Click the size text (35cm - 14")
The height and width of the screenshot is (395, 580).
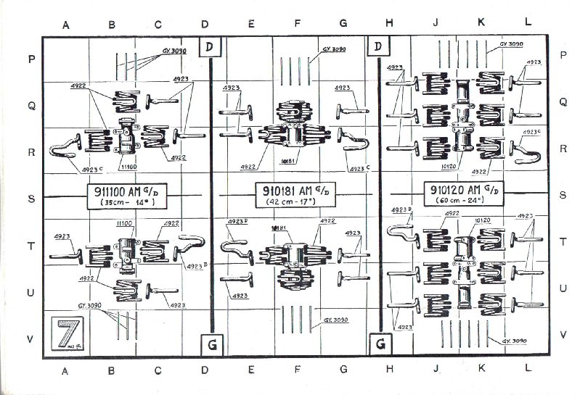[x=126, y=205]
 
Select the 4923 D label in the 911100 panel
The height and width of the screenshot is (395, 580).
[x=195, y=267]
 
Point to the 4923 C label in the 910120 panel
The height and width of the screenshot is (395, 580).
[x=532, y=132]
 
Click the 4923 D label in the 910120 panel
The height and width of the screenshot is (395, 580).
[x=401, y=210]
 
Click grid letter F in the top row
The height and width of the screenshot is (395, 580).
[x=297, y=23]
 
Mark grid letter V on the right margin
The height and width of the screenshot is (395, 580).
[x=563, y=336]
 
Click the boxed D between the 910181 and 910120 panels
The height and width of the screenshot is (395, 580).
[x=378, y=47]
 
